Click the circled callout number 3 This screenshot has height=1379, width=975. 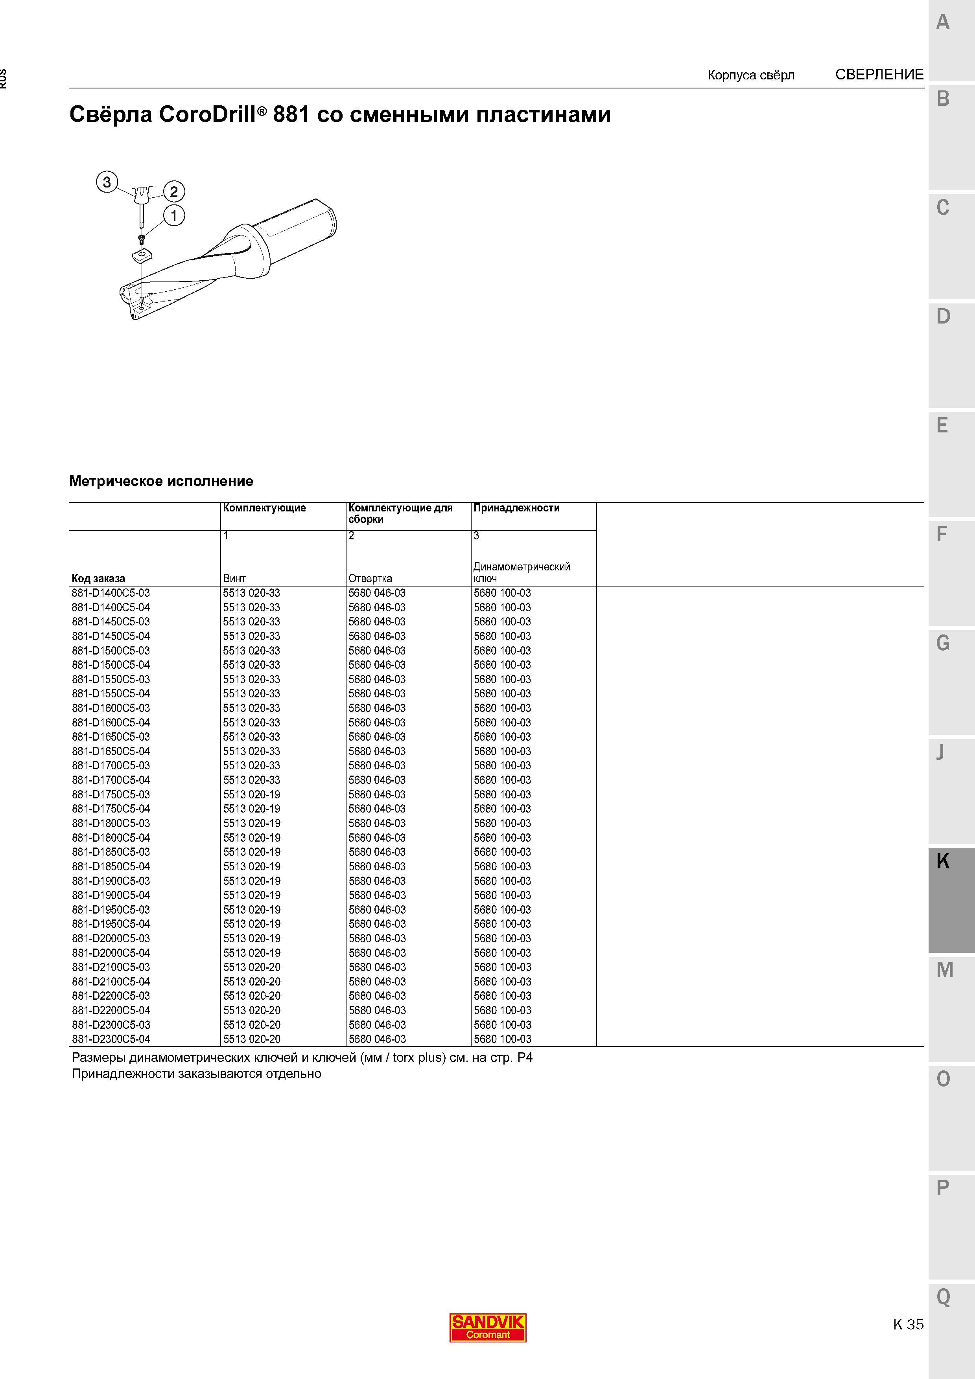[x=107, y=182]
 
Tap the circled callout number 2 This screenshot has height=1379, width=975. [x=173, y=191]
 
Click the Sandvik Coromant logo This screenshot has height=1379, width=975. [x=488, y=1328]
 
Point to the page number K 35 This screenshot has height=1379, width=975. [x=908, y=1324]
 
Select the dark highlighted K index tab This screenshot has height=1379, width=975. [x=951, y=900]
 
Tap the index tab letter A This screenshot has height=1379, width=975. [x=943, y=22]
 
